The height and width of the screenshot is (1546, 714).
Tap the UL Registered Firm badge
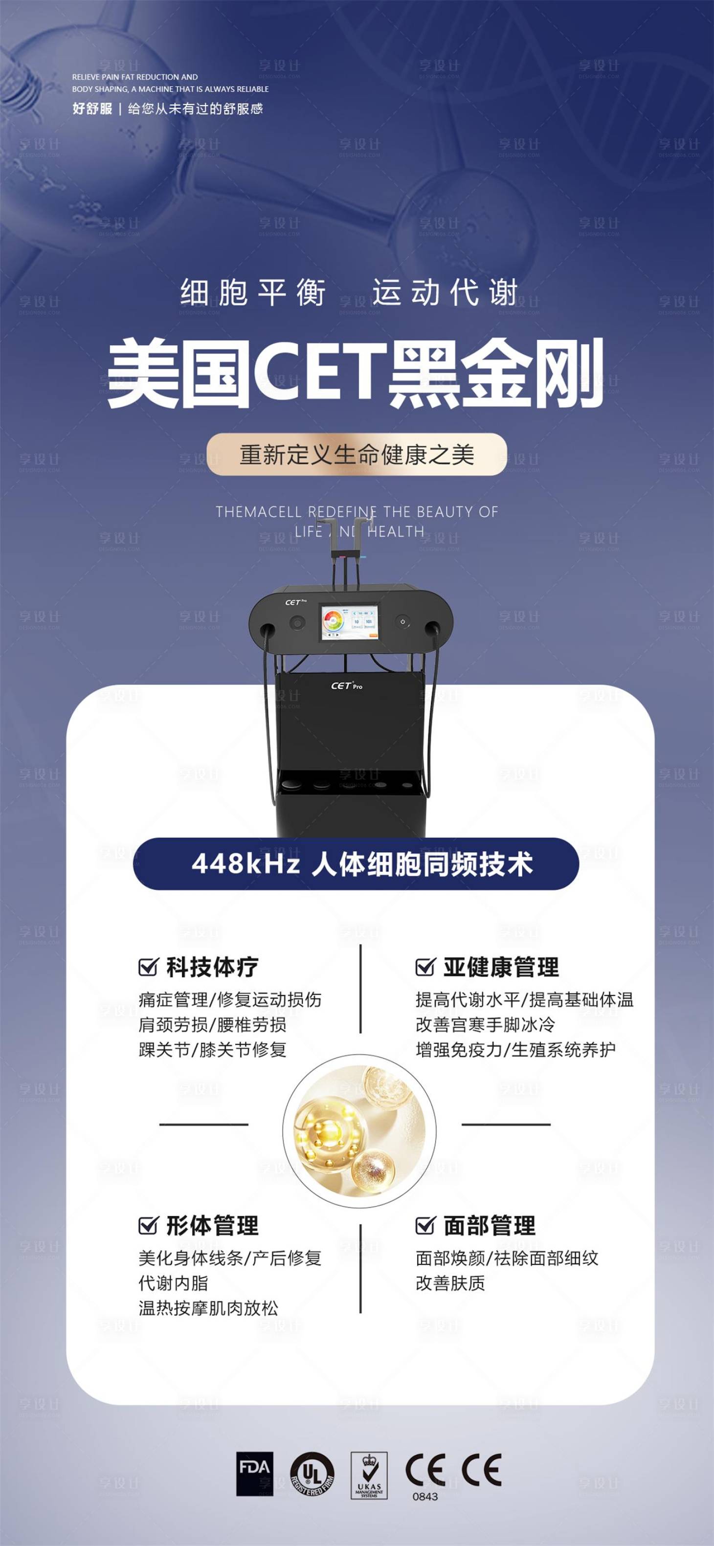[x=312, y=1474]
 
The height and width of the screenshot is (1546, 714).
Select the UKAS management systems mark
[x=369, y=1475]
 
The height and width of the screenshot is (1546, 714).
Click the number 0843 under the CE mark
[x=425, y=1497]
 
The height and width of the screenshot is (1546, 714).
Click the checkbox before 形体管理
[x=148, y=1225]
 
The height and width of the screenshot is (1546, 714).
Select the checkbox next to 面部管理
[x=424, y=1225]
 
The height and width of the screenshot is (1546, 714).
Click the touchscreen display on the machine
[x=349, y=623]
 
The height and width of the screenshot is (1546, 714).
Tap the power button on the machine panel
[x=402, y=622]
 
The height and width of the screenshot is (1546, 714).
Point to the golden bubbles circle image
[x=359, y=1131]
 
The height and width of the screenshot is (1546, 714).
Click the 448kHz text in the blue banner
[x=245, y=864]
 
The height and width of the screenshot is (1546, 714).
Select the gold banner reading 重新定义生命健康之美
[x=357, y=454]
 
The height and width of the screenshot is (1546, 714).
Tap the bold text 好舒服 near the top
[x=92, y=109]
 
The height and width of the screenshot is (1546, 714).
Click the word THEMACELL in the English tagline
[x=258, y=512]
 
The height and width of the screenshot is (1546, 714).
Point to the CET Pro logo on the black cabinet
[x=347, y=685]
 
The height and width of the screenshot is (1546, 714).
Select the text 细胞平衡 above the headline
[x=253, y=293]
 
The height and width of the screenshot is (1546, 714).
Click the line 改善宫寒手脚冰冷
[x=485, y=1024]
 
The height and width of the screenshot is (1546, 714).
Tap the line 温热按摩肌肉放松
[x=208, y=1308]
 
